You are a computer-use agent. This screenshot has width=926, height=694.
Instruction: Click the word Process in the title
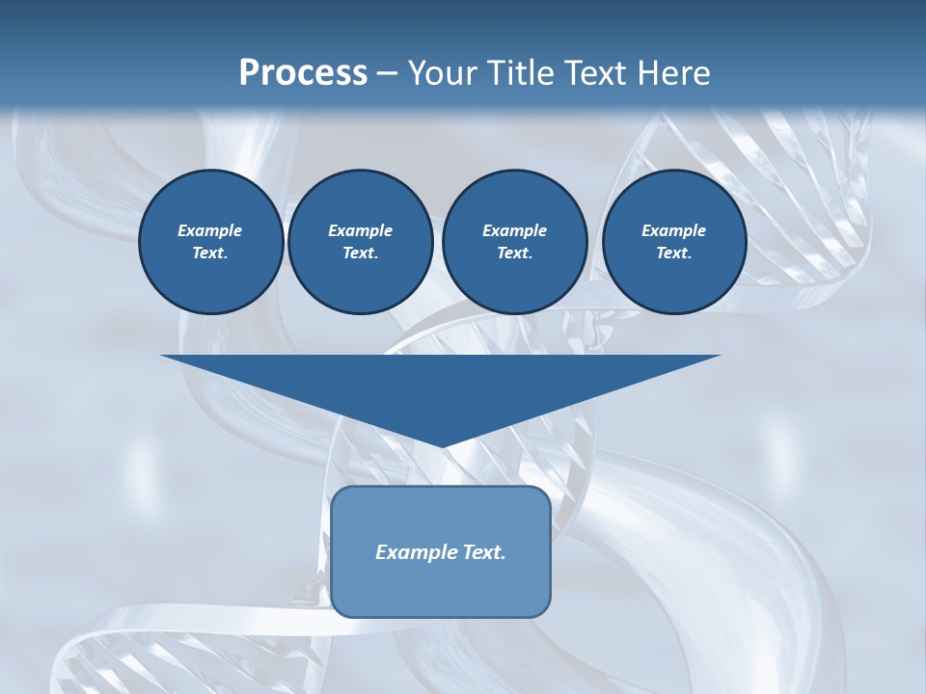[x=303, y=73]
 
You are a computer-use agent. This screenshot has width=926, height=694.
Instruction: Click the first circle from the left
[x=210, y=242]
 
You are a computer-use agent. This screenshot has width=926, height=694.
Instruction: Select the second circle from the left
[x=360, y=242]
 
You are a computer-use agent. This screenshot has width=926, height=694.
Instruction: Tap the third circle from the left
[x=514, y=242]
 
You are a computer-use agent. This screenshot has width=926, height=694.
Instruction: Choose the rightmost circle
[x=673, y=242]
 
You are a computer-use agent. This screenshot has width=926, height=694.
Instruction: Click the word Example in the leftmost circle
[x=210, y=230]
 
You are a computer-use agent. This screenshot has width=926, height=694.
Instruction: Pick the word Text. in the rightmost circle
[x=673, y=254]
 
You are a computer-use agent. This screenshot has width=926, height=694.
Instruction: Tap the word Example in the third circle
[x=514, y=230]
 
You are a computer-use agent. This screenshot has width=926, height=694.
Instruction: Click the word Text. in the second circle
[x=360, y=254]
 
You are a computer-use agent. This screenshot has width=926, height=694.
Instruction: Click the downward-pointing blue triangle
[x=441, y=386]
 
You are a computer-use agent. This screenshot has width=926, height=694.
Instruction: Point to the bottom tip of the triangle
[x=441, y=445]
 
